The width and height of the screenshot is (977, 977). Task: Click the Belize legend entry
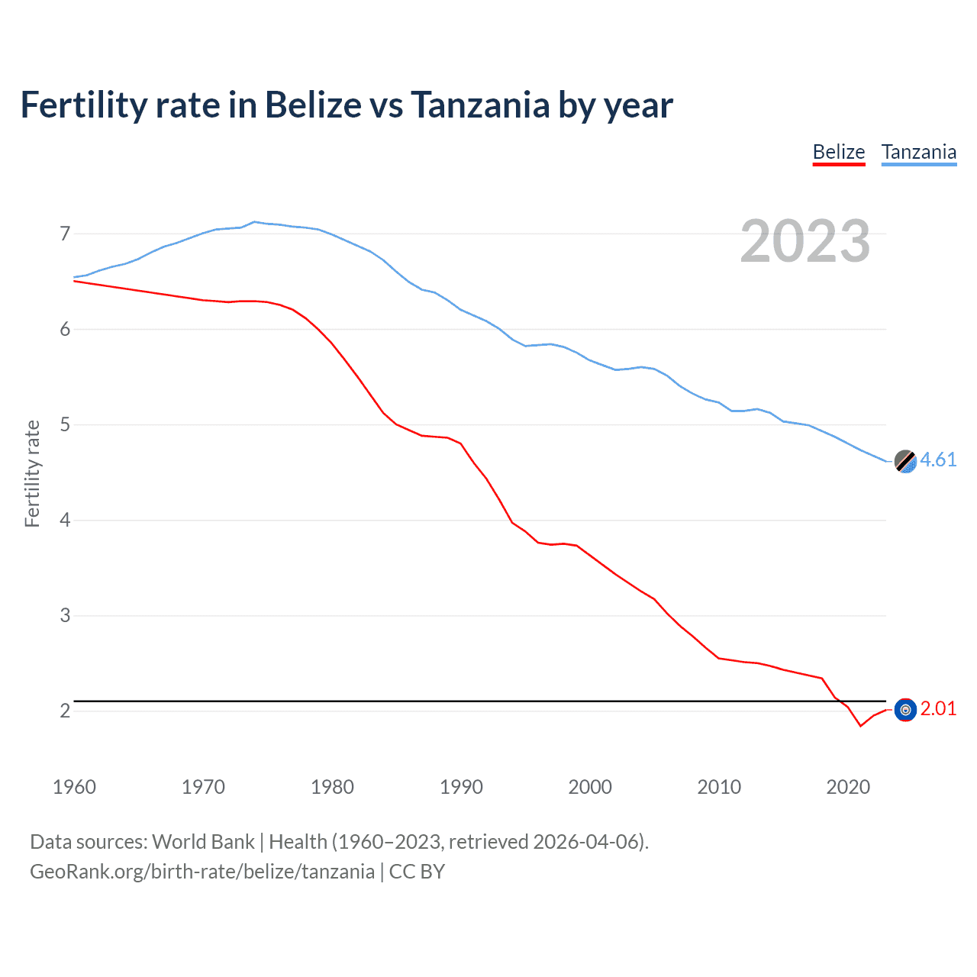(x=838, y=152)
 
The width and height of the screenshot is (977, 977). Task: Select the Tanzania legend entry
(x=918, y=152)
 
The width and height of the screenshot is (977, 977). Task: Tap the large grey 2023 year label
(x=804, y=241)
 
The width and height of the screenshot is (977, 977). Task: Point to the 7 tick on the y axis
(x=65, y=234)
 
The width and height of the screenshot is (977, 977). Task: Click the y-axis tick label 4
(x=65, y=520)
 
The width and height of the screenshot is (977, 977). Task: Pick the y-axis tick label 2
(x=65, y=711)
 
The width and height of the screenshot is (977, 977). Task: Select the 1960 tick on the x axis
(x=74, y=787)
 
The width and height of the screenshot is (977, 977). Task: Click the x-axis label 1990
(x=461, y=787)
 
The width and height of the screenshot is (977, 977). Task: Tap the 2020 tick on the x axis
(x=848, y=787)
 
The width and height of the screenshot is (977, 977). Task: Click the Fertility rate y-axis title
(x=32, y=473)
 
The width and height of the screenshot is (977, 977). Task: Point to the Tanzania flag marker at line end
(x=904, y=461)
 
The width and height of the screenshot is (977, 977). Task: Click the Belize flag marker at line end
(x=904, y=710)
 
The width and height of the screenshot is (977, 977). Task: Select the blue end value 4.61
(x=938, y=459)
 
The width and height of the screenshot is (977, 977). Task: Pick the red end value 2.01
(x=938, y=708)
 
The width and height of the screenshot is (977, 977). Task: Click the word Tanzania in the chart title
(x=480, y=105)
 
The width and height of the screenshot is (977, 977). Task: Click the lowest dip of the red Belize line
(x=860, y=726)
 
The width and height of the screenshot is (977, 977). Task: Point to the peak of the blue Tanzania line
(x=254, y=221)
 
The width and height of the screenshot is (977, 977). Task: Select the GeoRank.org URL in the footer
(x=202, y=872)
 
